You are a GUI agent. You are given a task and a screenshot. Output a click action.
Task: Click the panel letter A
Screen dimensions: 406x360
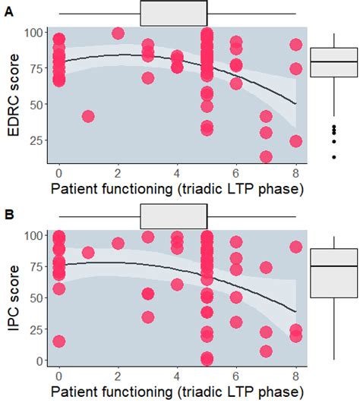[8, 20]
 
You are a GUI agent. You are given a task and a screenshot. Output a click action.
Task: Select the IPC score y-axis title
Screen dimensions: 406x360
[13, 298]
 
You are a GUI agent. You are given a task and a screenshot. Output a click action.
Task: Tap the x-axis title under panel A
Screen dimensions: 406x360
[177, 188]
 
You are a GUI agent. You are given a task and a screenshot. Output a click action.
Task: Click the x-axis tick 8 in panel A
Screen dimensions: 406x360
[295, 172]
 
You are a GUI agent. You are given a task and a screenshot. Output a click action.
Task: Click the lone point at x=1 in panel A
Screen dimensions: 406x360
[88, 117]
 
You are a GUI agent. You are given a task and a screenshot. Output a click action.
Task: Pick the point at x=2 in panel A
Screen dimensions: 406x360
[118, 33]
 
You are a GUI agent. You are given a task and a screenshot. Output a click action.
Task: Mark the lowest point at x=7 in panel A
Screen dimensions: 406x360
[266, 157]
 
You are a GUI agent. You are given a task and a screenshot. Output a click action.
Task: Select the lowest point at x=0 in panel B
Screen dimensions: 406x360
[59, 341]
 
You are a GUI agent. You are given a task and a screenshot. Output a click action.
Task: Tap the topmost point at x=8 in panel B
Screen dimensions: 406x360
[295, 247]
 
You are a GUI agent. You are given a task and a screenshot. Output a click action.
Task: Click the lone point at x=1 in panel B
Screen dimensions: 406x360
[88, 253]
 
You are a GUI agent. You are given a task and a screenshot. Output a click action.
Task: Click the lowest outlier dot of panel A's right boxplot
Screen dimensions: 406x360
[334, 156]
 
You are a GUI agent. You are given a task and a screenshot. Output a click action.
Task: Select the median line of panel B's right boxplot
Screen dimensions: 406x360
[334, 266]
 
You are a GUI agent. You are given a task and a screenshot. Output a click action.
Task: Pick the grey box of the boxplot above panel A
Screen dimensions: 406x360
[173, 13]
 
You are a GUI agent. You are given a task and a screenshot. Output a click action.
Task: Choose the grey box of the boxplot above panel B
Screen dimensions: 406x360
[173, 216]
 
